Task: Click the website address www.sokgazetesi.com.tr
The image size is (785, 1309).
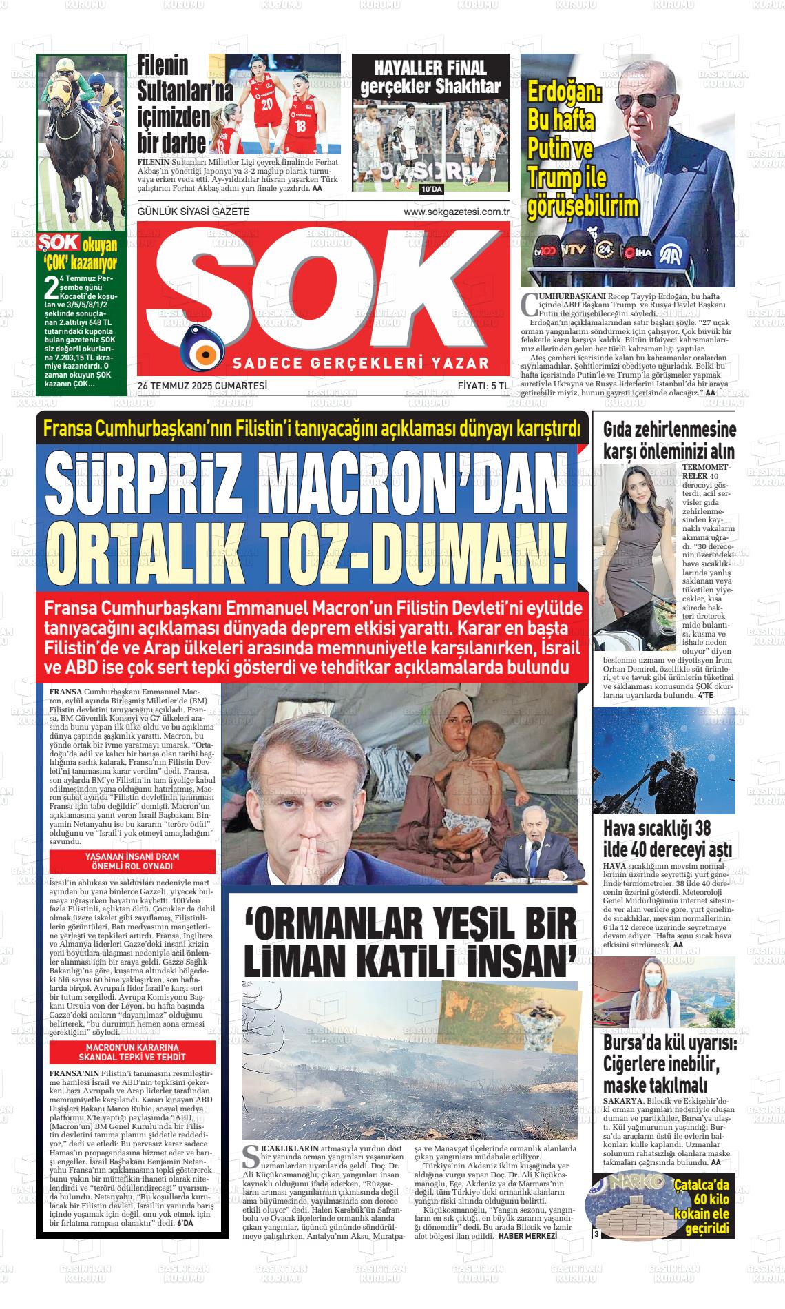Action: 456,212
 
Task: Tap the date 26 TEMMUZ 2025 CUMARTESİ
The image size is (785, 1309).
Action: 202,386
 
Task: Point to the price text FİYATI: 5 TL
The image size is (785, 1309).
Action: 483,386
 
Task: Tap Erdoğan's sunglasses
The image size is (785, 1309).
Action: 651,100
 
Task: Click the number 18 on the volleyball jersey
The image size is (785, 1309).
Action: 300,126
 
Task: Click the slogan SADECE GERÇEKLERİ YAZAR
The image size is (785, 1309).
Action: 361,363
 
